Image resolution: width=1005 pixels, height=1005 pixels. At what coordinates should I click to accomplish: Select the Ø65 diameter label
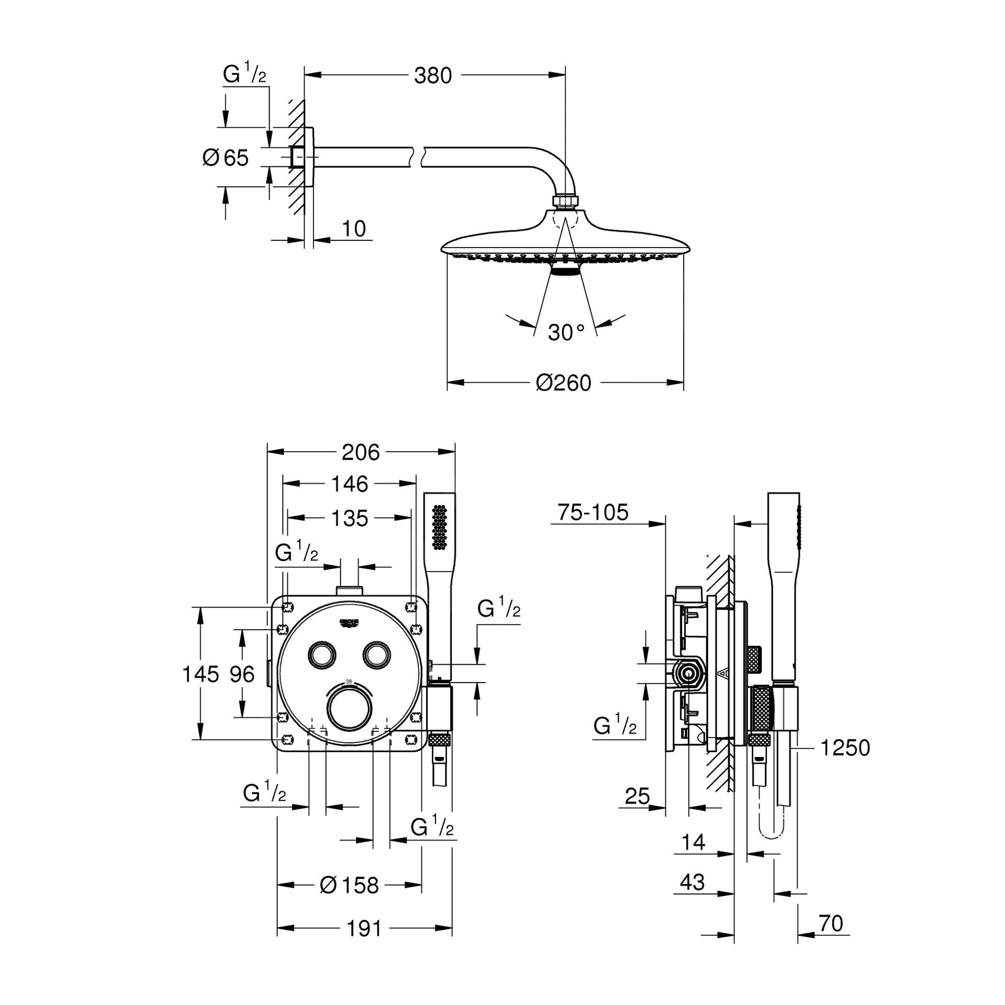[x=226, y=157]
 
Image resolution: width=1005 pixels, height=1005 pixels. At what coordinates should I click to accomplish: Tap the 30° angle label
[x=566, y=332]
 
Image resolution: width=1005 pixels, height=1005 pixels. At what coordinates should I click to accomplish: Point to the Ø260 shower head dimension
[x=563, y=383]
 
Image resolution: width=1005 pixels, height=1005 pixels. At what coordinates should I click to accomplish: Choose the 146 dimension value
[x=349, y=484]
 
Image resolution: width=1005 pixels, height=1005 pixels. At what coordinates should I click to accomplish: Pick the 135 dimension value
[x=349, y=518]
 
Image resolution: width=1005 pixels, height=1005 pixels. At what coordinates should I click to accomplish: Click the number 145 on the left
[x=200, y=674]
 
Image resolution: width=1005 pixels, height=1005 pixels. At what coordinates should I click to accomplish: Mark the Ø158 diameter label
[x=349, y=885]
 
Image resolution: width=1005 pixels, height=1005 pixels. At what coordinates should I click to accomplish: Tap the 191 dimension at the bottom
[x=364, y=929]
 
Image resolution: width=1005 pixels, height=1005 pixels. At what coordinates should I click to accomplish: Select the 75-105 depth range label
[x=593, y=512]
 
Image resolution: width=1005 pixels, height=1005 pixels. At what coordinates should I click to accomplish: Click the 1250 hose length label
[x=845, y=747]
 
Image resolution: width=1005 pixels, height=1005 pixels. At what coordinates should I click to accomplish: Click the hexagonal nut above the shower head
[x=565, y=202]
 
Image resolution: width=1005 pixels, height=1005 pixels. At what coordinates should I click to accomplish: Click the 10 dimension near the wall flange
[x=354, y=229]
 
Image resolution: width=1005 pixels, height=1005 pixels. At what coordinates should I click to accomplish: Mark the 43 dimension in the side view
[x=692, y=882]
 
